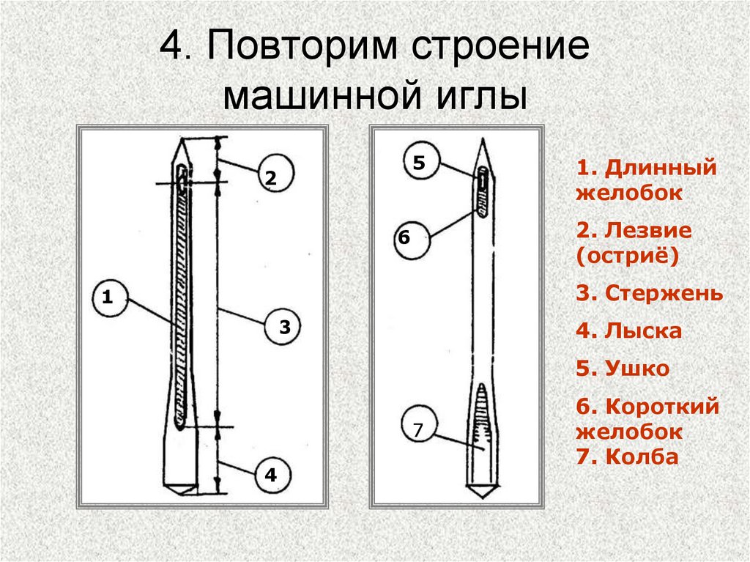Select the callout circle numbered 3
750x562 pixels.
[283, 327]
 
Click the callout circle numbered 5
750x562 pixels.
[419, 162]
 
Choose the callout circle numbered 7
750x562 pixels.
[418, 431]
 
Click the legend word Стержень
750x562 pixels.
[664, 295]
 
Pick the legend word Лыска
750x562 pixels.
[644, 331]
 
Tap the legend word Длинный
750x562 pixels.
[660, 168]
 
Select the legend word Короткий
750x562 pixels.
[663, 407]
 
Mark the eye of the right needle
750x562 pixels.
[483, 178]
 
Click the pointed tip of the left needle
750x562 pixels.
[181, 139]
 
